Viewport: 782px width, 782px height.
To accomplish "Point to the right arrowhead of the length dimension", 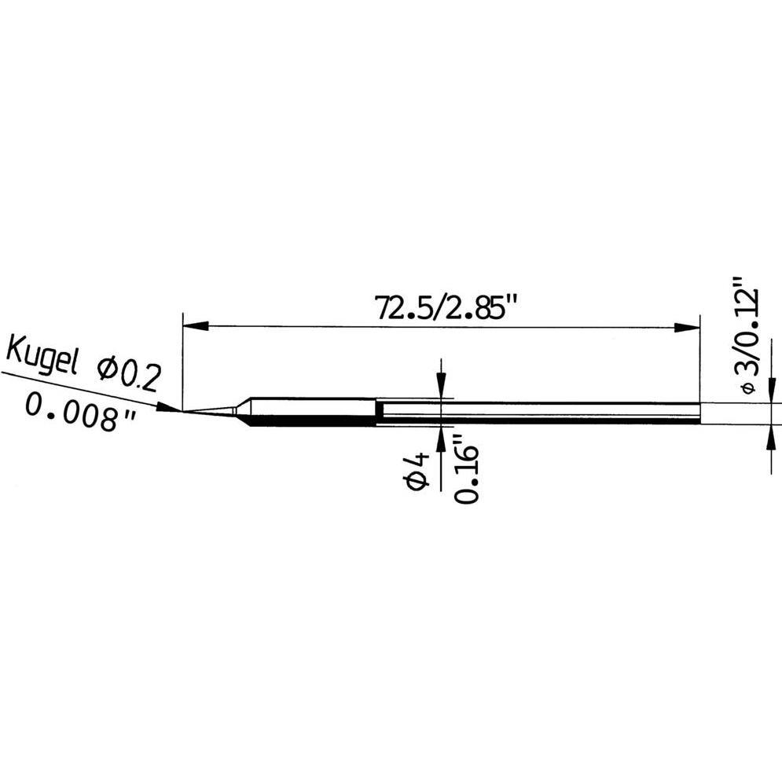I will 689,325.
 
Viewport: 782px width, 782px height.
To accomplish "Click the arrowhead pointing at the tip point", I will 169,408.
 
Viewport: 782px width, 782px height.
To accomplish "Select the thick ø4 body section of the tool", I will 314,412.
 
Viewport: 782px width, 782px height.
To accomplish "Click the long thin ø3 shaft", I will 542,413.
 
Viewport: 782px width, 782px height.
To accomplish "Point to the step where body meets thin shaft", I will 376,413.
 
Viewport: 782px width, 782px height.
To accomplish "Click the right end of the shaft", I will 698,413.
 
